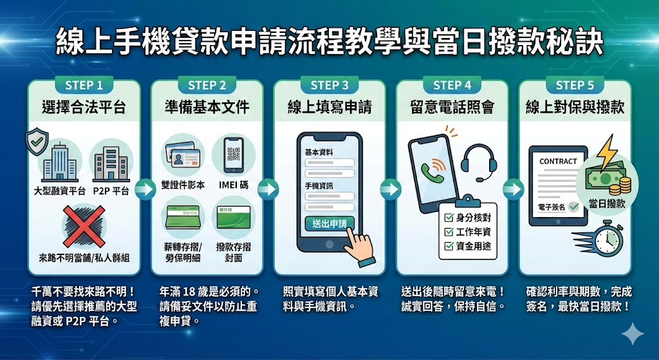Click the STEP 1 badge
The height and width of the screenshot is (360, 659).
coord(84,85)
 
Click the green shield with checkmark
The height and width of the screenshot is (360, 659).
coord(36,142)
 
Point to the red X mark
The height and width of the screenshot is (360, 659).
coord(84,227)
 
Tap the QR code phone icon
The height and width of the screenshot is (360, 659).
coord(233,155)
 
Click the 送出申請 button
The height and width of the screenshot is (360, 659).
coord(329,223)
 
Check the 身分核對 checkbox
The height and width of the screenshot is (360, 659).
coord(449,218)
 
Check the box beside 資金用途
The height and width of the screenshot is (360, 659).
coord(449,246)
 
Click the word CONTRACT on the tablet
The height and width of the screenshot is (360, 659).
coord(558,161)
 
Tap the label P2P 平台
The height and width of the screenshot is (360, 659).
coord(111,191)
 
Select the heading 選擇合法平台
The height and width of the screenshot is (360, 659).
coord(84,107)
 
